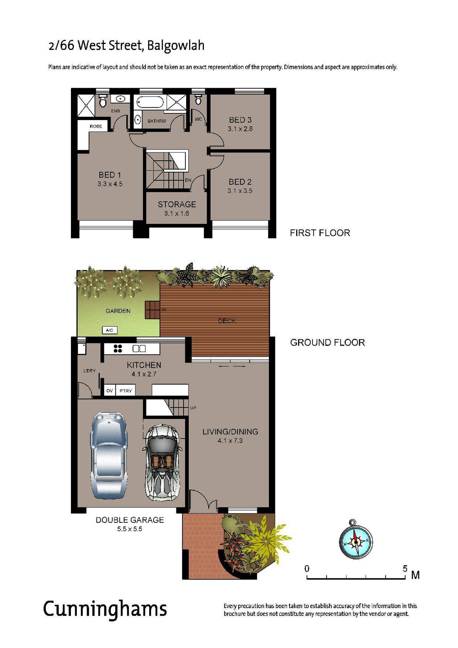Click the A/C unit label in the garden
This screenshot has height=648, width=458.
coord(110,330)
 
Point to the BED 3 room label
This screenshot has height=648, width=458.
coord(240,120)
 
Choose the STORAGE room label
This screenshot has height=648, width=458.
coord(177,205)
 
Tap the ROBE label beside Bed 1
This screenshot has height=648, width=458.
coord(96,126)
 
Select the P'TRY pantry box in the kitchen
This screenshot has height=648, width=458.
coord(126,390)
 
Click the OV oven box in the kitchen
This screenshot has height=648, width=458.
coord(110,390)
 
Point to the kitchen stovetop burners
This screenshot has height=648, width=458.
coord(118,349)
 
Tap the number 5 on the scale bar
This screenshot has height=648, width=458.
coord(405,568)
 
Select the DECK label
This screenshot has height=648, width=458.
coord(227,321)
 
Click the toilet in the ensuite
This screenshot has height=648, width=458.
coord(103,101)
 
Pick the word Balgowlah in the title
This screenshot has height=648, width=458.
coord(176,45)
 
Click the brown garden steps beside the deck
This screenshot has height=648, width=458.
coord(152,310)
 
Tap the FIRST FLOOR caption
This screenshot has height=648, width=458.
coord(320,233)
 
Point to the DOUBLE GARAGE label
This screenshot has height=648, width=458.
coord(130,520)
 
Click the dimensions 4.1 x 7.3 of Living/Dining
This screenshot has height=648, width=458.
coord(230,441)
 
